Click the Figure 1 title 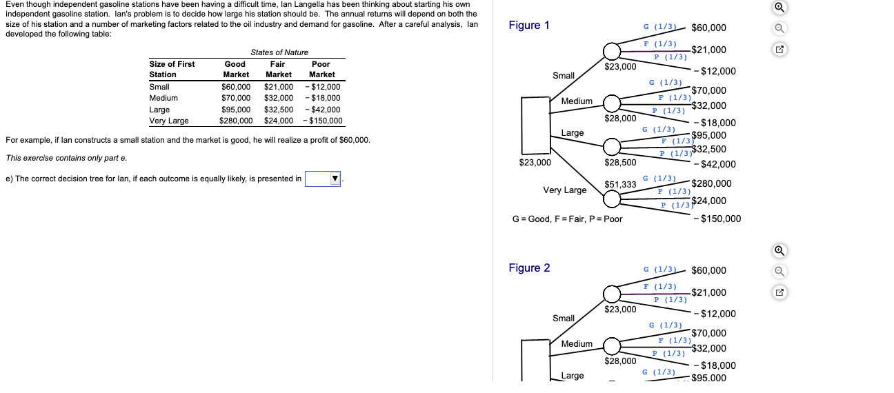point(529,26)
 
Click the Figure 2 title point(529,268)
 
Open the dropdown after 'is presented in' point(323,179)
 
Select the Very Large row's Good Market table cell point(235,121)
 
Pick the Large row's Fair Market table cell point(278,110)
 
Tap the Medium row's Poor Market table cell point(321,98)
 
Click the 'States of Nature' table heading point(279,52)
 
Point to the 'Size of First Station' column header point(172,69)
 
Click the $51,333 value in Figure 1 point(620,185)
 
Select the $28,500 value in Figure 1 point(620,163)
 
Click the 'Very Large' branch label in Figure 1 point(565,190)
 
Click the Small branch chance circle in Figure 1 point(612,52)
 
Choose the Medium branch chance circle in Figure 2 point(612,345)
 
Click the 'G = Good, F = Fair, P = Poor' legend point(567,219)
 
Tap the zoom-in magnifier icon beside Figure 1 point(779,8)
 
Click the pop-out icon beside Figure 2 point(779,292)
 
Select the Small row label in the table point(159,87)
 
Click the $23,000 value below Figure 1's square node point(535,163)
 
